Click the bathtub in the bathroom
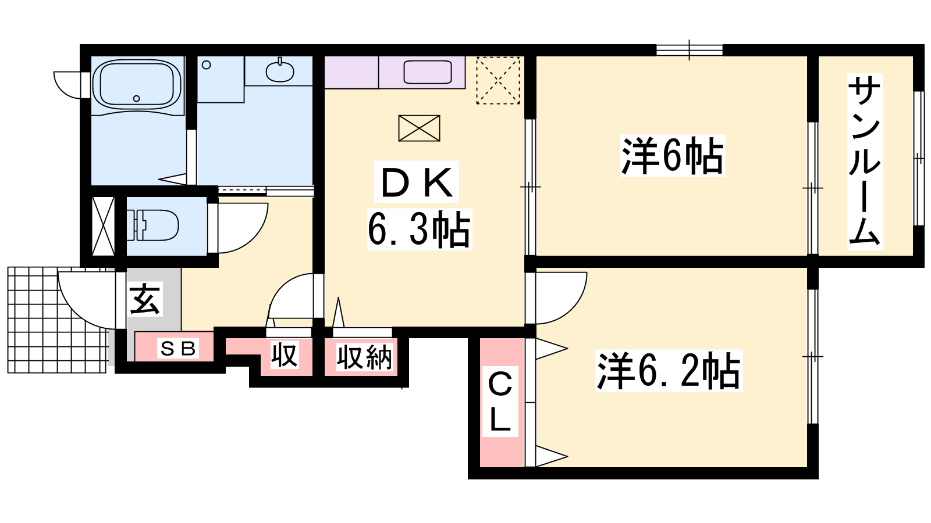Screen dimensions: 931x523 click(137, 87)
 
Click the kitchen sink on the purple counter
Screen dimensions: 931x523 click(428, 72)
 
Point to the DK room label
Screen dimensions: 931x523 click(417, 183)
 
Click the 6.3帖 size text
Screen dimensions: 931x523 click(419, 230)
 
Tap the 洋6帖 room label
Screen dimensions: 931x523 click(672, 156)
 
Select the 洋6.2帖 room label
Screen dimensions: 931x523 click(669, 371)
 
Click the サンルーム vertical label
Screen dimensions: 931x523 click(865, 162)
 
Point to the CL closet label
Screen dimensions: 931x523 click(500, 402)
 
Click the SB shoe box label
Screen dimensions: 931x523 click(178, 348)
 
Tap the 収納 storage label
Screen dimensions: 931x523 click(364, 357)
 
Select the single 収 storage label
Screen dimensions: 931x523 click(285, 355)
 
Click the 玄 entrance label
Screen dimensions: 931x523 click(145, 299)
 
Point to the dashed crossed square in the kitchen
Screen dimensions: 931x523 click(498, 80)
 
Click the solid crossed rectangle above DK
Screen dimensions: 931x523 click(419, 128)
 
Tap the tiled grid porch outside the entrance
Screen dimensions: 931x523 click(58, 320)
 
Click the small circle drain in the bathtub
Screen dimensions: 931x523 click(136, 98)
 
